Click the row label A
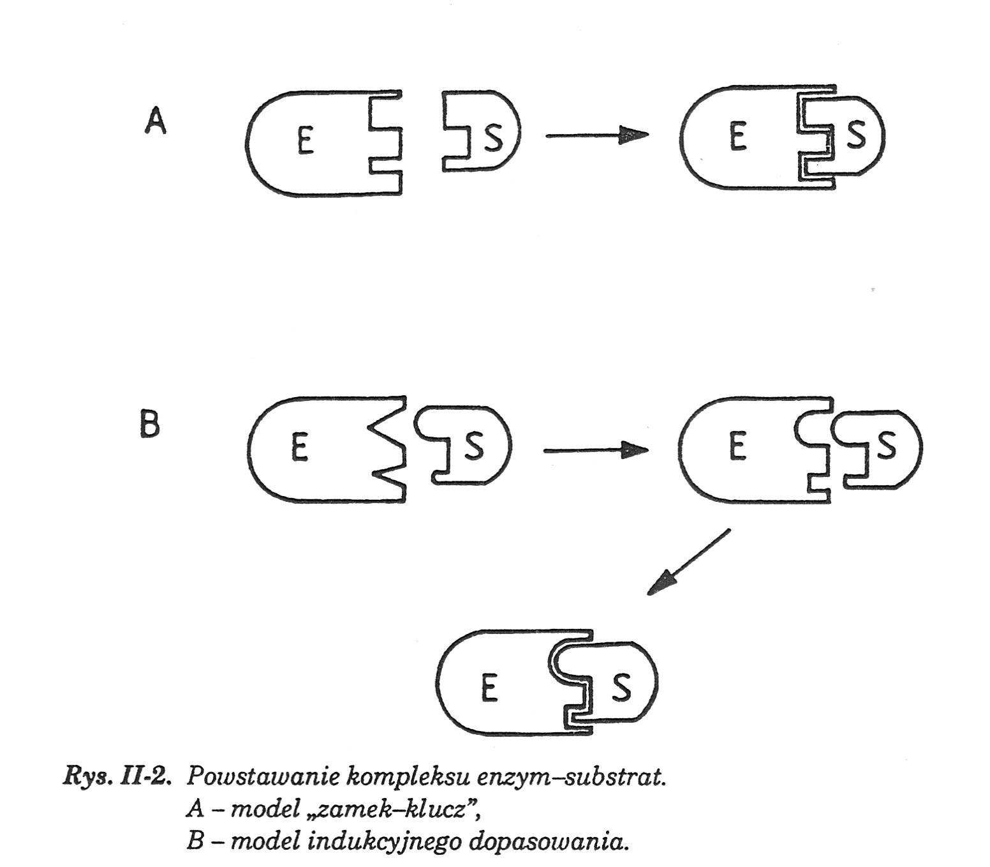155,120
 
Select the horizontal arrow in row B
595,450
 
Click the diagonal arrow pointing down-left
688,562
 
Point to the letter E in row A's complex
737,136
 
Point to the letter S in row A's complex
856,135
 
